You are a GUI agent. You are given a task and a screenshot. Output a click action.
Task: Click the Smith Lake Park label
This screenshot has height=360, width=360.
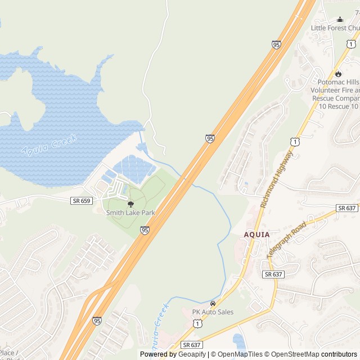[x=130, y=213]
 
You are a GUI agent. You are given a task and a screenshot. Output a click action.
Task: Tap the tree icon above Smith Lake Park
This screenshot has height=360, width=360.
[x=130, y=204]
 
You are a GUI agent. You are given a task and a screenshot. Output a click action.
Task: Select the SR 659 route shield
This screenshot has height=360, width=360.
[x=81, y=200]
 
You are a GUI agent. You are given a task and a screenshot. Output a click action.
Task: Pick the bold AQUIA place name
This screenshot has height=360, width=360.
[x=257, y=235]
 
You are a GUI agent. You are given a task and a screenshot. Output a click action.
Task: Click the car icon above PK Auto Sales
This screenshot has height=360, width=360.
[x=213, y=304]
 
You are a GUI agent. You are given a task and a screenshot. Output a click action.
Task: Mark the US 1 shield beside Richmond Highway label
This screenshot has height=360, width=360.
[x=295, y=141]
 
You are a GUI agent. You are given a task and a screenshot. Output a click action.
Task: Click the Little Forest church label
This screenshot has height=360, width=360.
[x=335, y=28]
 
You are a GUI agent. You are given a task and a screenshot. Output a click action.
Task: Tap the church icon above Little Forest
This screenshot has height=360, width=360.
[x=339, y=19]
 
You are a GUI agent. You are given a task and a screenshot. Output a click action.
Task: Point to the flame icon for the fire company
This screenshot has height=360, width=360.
[x=338, y=73]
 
